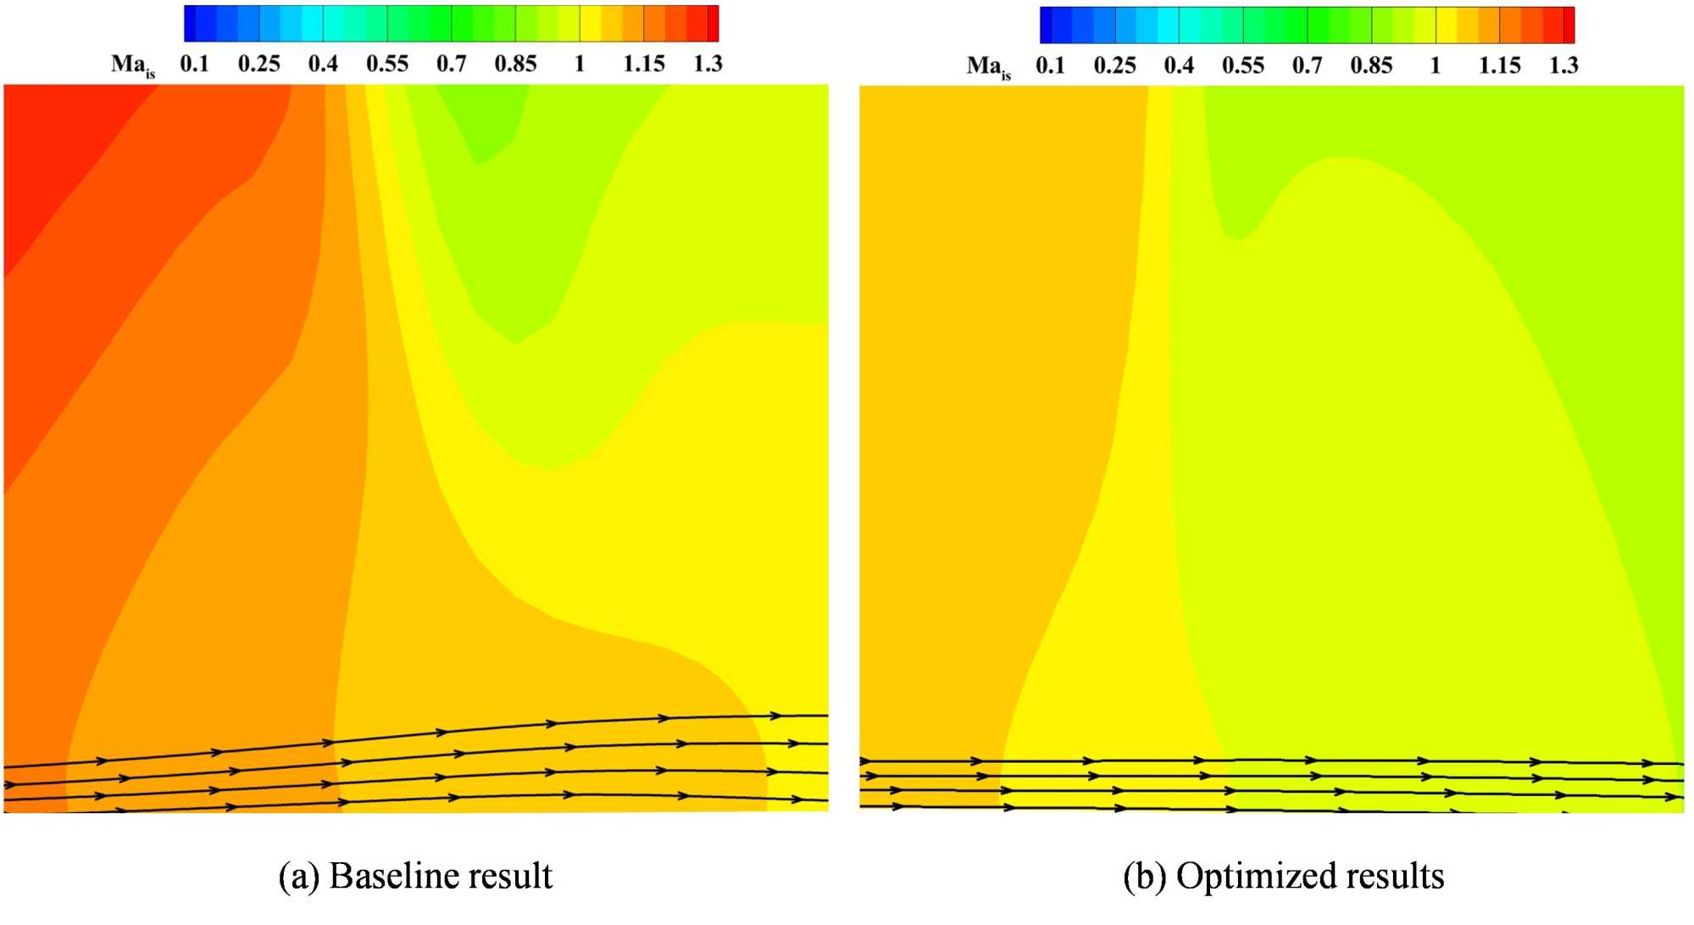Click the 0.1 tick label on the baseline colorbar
coord(194,64)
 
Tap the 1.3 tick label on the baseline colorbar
coord(708,64)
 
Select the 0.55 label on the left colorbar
coord(387,64)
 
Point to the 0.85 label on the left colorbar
coord(515,64)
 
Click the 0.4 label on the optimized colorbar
coord(1179,65)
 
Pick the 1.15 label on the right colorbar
coord(1499,65)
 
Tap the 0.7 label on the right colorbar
coord(1307,65)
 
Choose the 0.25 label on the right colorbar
coord(1114,65)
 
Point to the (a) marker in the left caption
coord(298,877)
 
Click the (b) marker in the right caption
coord(1144,877)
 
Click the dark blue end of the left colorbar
coord(191,24)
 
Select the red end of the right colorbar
coord(1569,25)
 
